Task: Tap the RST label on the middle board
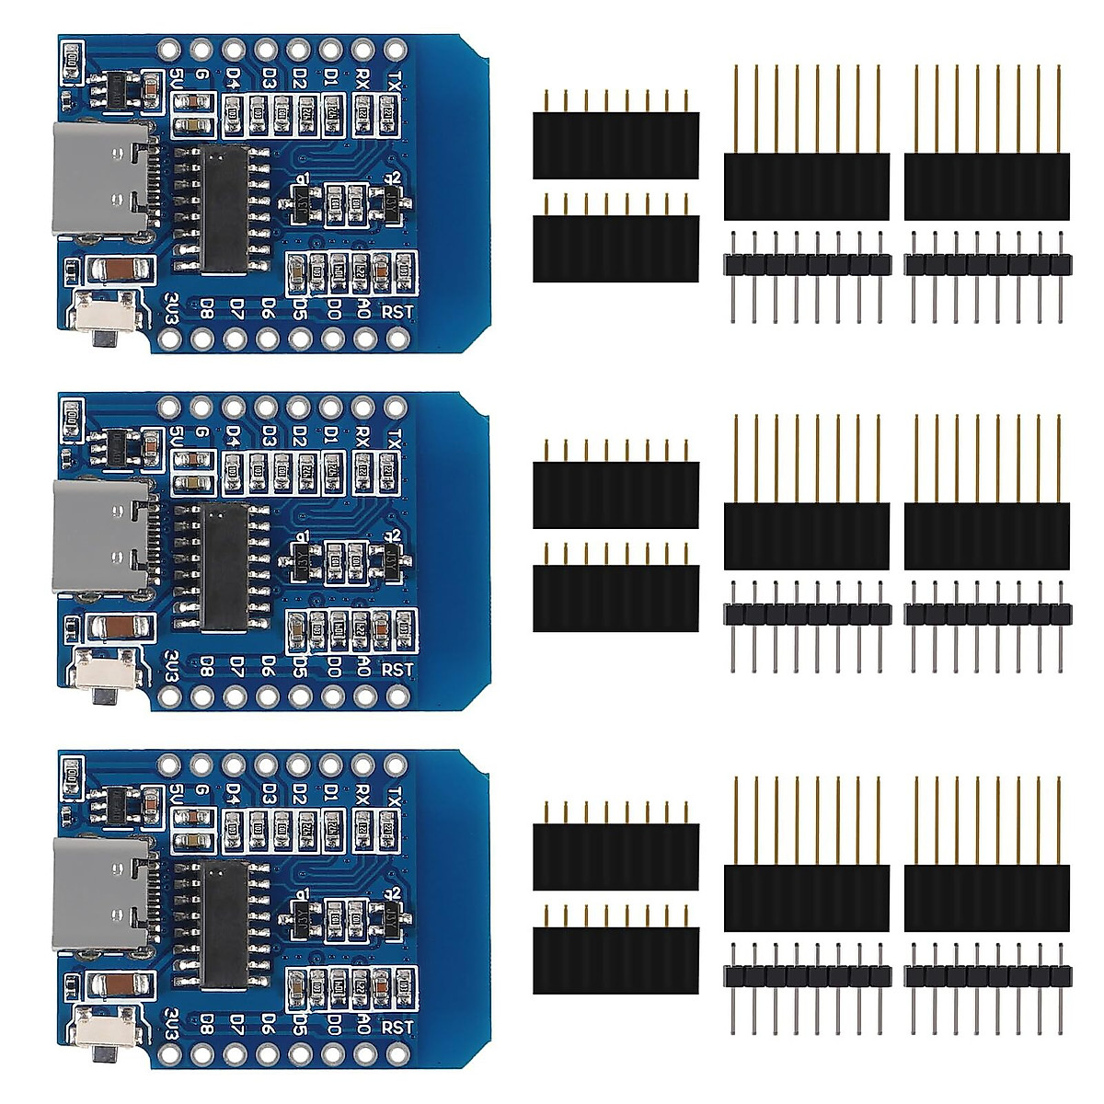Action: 397,669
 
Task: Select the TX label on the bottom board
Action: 395,795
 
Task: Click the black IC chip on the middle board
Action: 224,566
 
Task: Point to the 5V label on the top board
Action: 178,79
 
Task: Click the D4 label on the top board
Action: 235,79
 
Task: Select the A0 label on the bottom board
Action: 363,1026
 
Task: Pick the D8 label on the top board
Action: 207,310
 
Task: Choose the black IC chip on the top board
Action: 224,209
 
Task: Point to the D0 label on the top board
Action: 334,310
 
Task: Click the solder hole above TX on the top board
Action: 396,48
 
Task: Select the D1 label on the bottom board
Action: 330,795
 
